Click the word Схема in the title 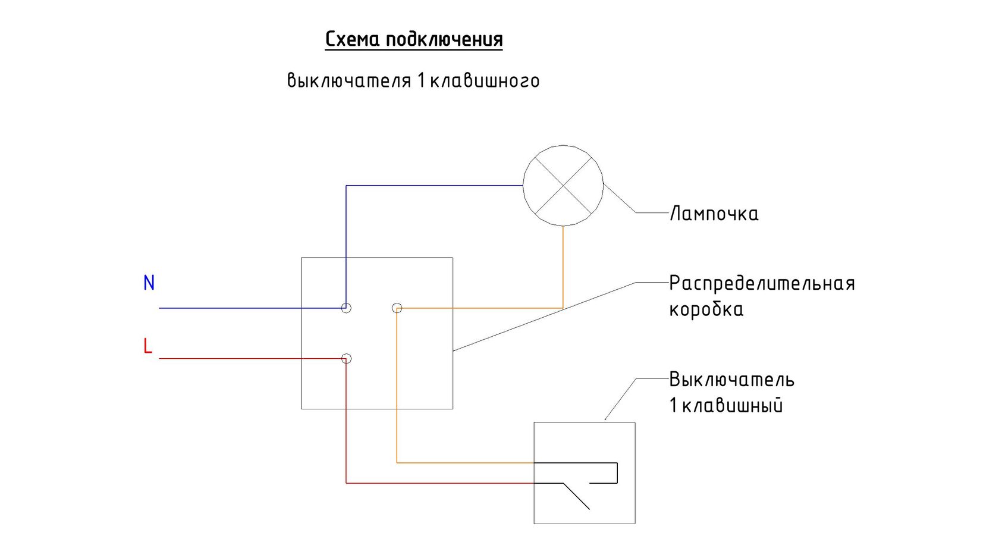pos(352,39)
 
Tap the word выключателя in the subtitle pos(348,80)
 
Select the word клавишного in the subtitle pos(485,81)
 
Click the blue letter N pos(149,283)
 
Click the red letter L pos(147,346)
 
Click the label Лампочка pos(714,214)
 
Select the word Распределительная pos(762,284)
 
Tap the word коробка pos(706,309)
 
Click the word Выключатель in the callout pos(732,380)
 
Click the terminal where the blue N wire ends pos(346,308)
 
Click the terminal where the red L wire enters pos(346,359)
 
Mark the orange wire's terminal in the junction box pos(397,308)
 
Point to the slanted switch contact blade pos(576,496)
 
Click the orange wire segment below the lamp pos(563,267)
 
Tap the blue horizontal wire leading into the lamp pos(434,186)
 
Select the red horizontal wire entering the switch pos(440,483)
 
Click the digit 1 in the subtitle pos(421,81)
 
